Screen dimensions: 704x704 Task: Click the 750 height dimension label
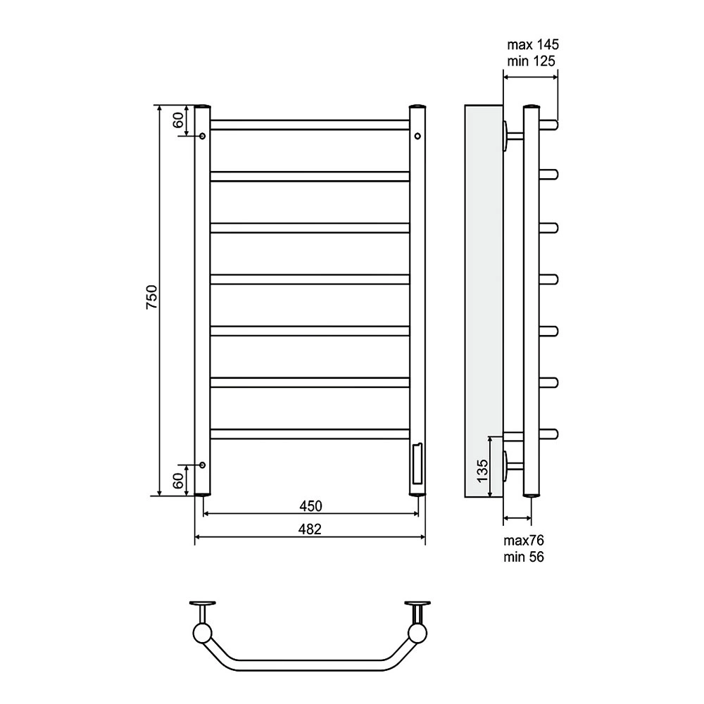(x=152, y=296)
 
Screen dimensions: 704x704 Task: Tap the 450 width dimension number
(x=310, y=506)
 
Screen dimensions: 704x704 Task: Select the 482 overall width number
(x=310, y=529)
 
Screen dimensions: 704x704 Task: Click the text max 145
(x=533, y=45)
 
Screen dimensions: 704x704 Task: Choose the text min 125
(x=531, y=61)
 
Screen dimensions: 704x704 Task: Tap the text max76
(x=524, y=540)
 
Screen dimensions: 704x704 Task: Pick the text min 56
(x=524, y=557)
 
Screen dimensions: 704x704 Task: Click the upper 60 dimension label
(x=178, y=120)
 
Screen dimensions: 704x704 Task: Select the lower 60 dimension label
(x=178, y=481)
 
